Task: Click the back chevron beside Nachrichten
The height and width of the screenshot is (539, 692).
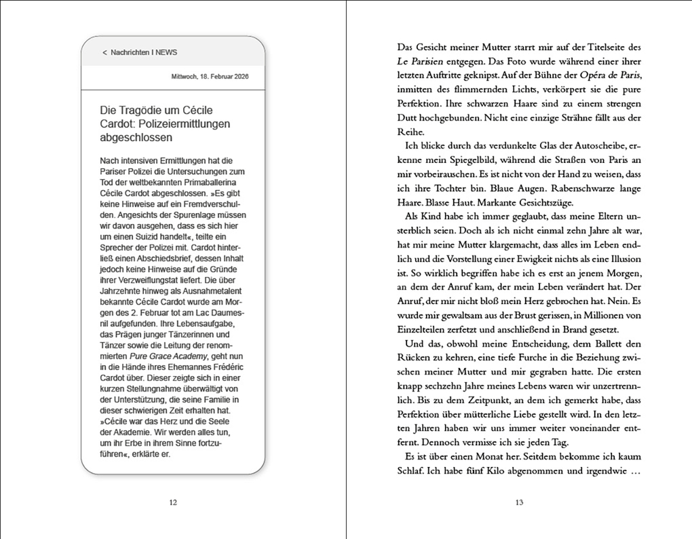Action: (x=104, y=52)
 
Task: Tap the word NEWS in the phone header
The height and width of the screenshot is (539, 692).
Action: (x=166, y=52)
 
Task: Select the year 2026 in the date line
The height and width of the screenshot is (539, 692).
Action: (x=237, y=77)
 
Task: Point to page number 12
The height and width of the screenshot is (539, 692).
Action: (x=172, y=502)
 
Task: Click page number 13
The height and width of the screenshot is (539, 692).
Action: (x=519, y=502)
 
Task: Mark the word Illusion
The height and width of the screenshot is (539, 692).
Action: (x=621, y=259)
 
